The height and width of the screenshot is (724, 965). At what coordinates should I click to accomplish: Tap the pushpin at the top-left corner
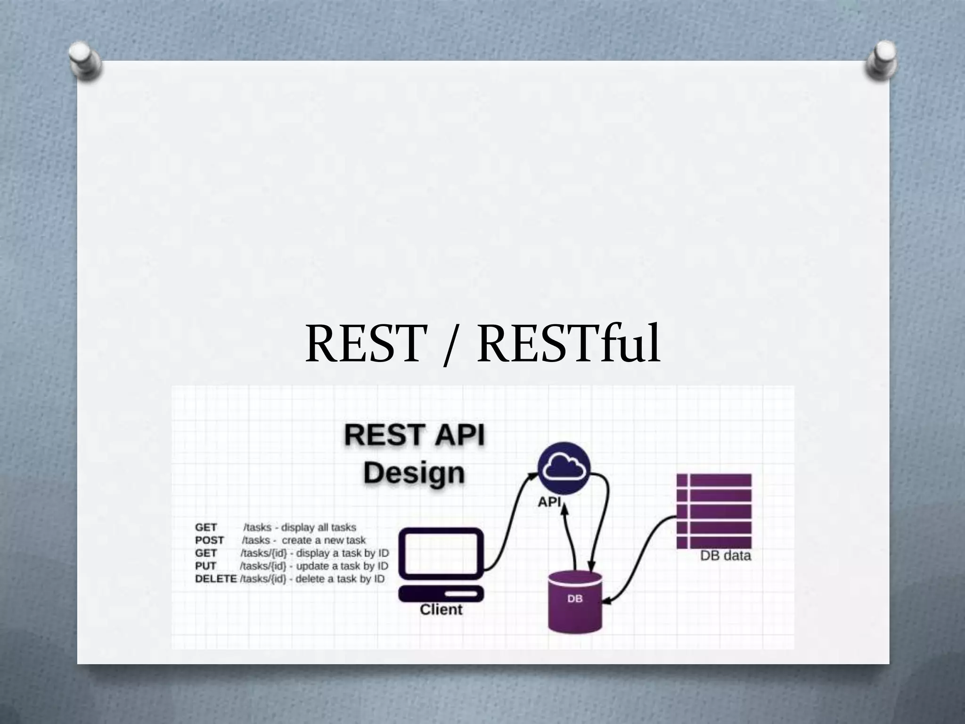click(x=84, y=60)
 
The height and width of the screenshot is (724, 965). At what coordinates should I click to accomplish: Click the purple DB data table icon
click(x=714, y=511)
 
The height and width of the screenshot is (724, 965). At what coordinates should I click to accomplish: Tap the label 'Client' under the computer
click(x=441, y=609)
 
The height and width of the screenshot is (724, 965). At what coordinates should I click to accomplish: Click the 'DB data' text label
click(x=725, y=556)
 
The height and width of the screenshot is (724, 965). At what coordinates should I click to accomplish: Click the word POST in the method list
click(x=209, y=540)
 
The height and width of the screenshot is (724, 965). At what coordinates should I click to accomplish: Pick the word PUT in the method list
click(x=205, y=566)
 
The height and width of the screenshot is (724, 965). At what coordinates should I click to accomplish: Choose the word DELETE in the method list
click(x=215, y=578)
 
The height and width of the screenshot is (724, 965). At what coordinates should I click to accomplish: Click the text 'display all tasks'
click(x=319, y=527)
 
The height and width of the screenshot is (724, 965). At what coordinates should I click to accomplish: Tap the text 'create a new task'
click(x=324, y=540)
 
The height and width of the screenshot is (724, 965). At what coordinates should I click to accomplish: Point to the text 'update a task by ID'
click(x=342, y=566)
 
